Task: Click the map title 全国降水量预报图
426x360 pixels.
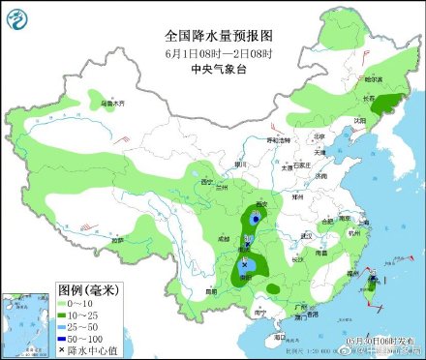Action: click(212, 34)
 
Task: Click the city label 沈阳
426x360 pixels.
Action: click(360, 121)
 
